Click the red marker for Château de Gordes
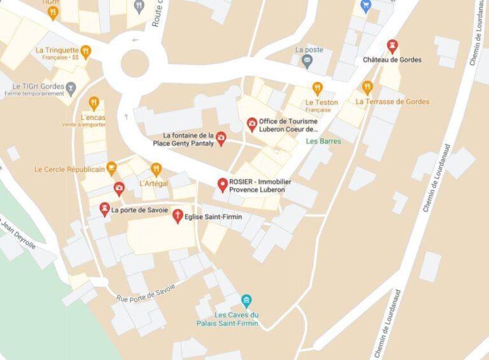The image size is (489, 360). pyautogui.click(x=392, y=46)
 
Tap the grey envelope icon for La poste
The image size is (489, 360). pyautogui.click(x=308, y=62)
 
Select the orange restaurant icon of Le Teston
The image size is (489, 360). pyautogui.click(x=317, y=89)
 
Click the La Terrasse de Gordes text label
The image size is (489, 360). pyautogui.click(x=392, y=101)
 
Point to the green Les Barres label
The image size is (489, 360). pyautogui.click(x=323, y=141)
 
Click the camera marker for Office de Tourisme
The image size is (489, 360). pyautogui.click(x=252, y=124)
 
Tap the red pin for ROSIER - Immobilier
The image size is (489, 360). pyautogui.click(x=222, y=185)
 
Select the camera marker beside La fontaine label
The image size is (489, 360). pyautogui.click(x=221, y=138)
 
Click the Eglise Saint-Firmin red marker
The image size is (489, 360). pyautogui.click(x=178, y=216)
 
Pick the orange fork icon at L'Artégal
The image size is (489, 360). pyautogui.click(x=156, y=169)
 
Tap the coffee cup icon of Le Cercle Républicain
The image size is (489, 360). pyautogui.click(x=112, y=168)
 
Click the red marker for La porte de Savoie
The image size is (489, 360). pyautogui.click(x=104, y=209)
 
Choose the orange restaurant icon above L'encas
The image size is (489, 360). pyautogui.click(x=94, y=103)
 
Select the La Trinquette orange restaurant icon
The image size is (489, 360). pyautogui.click(x=85, y=52)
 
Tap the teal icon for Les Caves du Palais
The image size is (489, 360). pyautogui.click(x=246, y=301)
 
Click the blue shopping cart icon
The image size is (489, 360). pyautogui.click(x=365, y=6)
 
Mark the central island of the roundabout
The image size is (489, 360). pyautogui.click(x=134, y=63)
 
